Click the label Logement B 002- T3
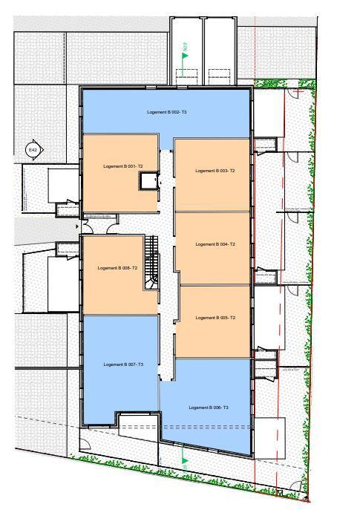(x=166, y=111)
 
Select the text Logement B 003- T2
(x=215, y=171)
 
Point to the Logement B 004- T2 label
(x=215, y=243)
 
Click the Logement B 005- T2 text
(x=215, y=318)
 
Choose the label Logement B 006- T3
(x=209, y=408)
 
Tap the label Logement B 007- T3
(x=123, y=364)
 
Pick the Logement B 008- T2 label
(x=117, y=267)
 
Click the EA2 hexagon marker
(x=33, y=150)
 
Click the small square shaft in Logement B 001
(x=151, y=180)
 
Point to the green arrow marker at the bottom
(x=184, y=461)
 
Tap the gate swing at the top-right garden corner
(x=295, y=95)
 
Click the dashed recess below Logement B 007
(x=139, y=422)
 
